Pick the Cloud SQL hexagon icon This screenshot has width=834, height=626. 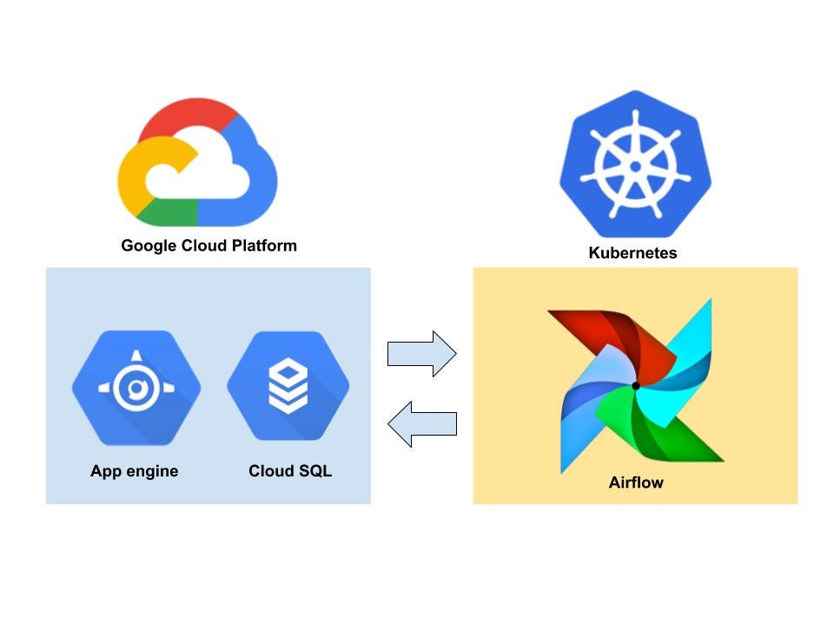coord(288,385)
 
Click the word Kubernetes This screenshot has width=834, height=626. coord(632,254)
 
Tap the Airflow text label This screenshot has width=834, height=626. coord(636,483)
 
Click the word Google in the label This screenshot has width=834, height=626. coord(148,245)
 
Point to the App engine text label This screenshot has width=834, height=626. coord(135,471)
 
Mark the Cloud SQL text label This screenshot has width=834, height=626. coord(290,471)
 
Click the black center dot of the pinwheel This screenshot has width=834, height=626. coord(636,385)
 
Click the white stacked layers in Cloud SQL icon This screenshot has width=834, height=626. coord(288,385)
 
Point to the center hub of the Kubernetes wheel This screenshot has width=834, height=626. coord(635,165)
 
